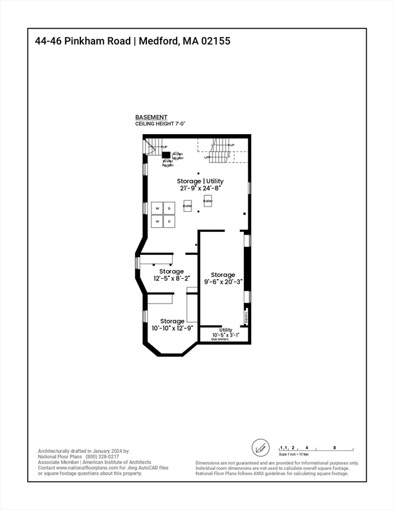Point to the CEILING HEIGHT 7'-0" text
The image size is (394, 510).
pyautogui.click(x=160, y=124)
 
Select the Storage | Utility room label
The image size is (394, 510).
pyautogui.click(x=200, y=181)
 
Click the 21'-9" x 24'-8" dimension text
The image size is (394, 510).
pyautogui.click(x=200, y=189)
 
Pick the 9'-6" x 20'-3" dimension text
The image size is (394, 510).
pyautogui.click(x=223, y=282)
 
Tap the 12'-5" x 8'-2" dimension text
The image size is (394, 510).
pyautogui.click(x=171, y=278)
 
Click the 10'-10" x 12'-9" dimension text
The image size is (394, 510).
pyautogui.click(x=171, y=328)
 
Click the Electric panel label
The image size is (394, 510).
pyautogui.click(x=245, y=316)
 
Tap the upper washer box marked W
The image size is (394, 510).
pyautogui.click(x=157, y=209)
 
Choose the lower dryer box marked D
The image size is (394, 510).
pyautogui.click(x=169, y=221)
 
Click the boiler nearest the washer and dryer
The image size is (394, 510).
pyautogui.click(x=187, y=207)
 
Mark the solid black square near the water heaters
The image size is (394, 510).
pyautogui.click(x=166, y=155)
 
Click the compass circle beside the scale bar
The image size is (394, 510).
pyautogui.click(x=261, y=448)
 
